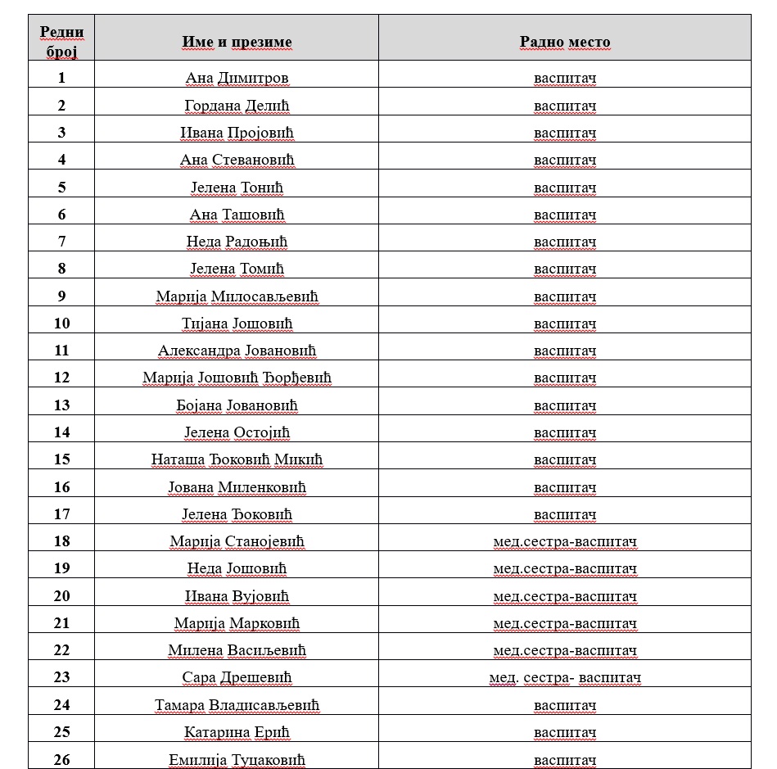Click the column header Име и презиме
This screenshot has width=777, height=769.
coord(237,43)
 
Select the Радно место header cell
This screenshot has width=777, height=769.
coord(565,43)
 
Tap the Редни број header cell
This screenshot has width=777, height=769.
coord(61,42)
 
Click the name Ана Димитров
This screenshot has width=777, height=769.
coord(237,79)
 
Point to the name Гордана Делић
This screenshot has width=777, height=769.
coord(237,106)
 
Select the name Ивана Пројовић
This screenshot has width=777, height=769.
coord(237,133)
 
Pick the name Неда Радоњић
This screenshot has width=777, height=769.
coord(237,242)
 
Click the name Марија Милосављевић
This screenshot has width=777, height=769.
coord(237,296)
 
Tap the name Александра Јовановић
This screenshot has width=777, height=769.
coord(237,351)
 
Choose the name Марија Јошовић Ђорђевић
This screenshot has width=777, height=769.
coord(237,378)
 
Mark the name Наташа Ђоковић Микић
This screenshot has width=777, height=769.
coord(237,459)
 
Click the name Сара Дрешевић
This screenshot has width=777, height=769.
coord(237,677)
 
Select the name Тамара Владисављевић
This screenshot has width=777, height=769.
coord(237,705)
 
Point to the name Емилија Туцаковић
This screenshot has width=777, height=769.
coord(237,759)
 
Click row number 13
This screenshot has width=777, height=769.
coord(62,405)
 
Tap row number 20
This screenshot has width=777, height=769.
coord(62,596)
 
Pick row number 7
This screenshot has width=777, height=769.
coord(62,242)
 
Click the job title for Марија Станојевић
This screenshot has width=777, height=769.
coord(565,541)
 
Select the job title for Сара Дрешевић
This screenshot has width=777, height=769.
coord(565,677)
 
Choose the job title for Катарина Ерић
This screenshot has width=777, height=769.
coord(565,732)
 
